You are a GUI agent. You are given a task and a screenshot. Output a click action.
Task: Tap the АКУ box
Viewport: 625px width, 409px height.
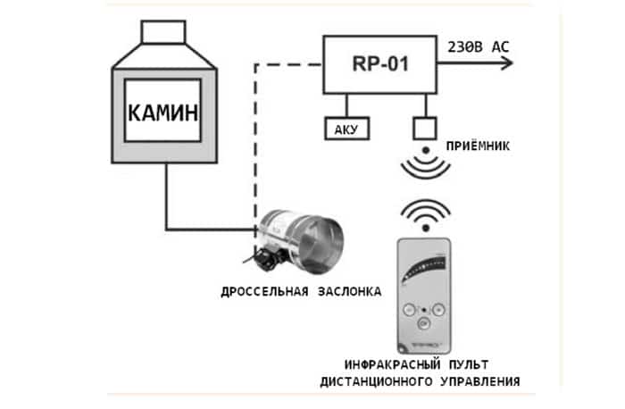coord(345,129)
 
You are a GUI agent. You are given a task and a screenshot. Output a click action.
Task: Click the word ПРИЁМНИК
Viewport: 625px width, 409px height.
coord(477,146)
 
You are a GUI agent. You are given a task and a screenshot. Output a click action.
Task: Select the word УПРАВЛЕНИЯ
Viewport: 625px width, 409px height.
coord(478,382)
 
